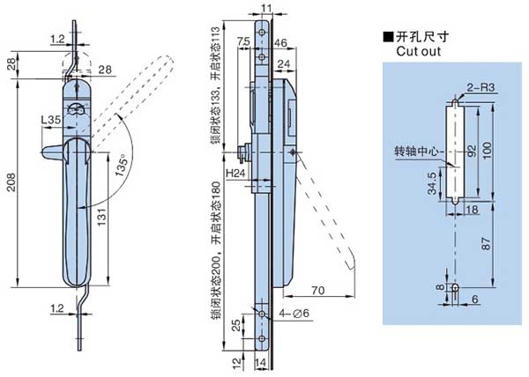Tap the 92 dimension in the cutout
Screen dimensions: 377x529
[x=470, y=150]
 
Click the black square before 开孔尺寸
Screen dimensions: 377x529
[x=387, y=37]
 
